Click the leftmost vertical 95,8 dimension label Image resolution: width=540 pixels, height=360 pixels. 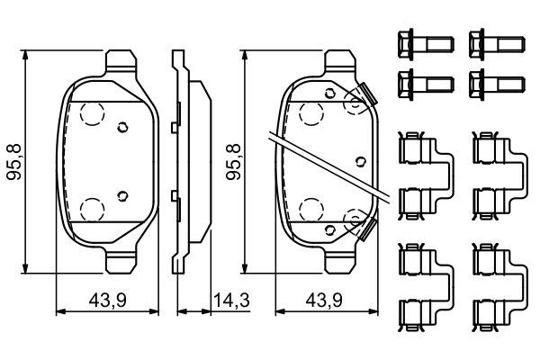[x=13, y=162]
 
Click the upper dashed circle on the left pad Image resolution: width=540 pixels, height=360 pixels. [x=91, y=113]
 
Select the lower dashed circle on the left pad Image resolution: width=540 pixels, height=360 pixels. [x=91, y=209]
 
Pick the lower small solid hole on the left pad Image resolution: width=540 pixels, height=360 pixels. [x=124, y=193]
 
